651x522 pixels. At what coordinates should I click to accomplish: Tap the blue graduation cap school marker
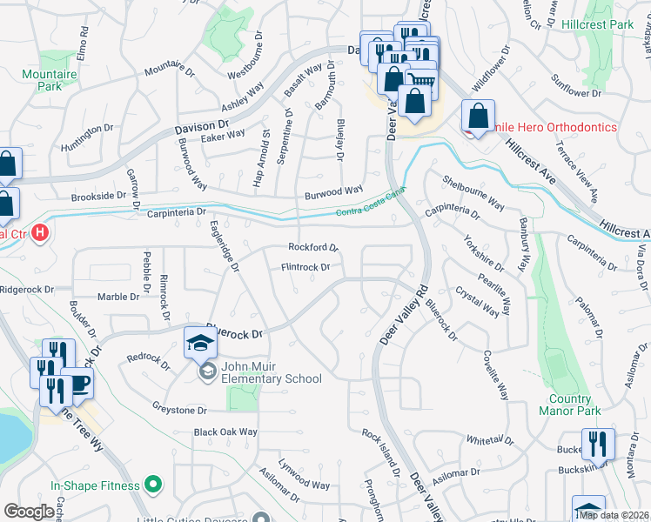pos(200,343)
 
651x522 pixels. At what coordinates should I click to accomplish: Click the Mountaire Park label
pos(50,81)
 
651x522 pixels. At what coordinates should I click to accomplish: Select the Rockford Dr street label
pos(312,247)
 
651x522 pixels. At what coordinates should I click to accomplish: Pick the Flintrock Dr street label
pos(305,268)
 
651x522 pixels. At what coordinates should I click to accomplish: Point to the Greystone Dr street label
pos(178,409)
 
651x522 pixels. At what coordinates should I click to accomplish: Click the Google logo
pos(29,512)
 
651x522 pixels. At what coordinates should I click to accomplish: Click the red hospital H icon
pos(39,233)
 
